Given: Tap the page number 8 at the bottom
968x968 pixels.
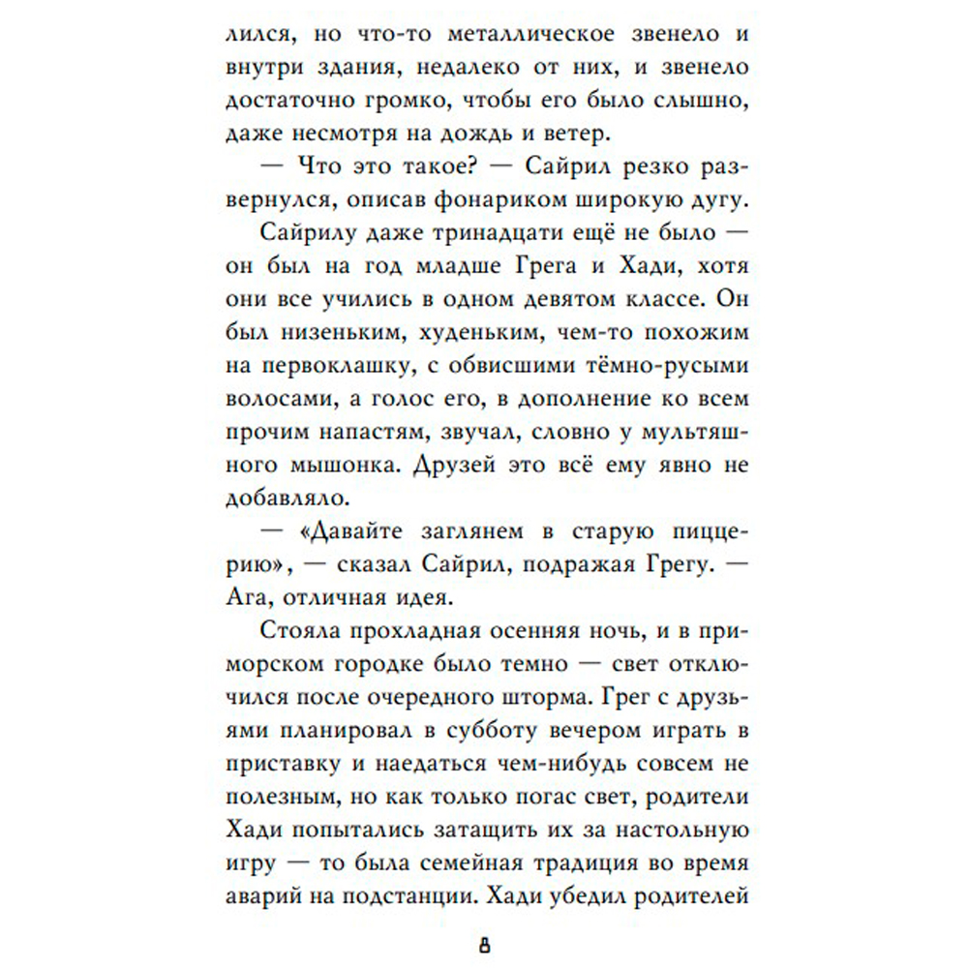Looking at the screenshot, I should pos(484,944).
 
